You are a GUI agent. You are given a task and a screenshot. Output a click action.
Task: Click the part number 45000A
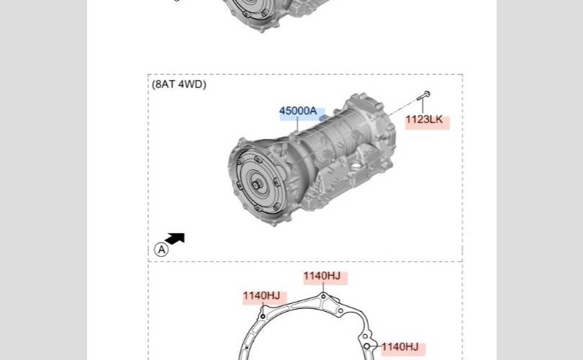point(298,111)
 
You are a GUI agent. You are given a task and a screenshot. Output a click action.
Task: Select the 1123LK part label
point(424,120)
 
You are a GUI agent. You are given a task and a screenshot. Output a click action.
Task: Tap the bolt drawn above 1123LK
point(423,96)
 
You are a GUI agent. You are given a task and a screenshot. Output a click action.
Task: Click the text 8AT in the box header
point(163,84)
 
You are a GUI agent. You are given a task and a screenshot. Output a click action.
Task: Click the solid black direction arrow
point(175,238)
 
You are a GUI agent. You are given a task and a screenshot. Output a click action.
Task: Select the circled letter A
point(161,249)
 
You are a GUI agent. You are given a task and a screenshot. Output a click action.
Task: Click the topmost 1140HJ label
point(322,276)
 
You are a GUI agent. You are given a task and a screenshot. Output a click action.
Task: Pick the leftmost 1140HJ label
point(261,296)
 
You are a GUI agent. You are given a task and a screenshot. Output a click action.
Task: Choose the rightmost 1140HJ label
point(400,347)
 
